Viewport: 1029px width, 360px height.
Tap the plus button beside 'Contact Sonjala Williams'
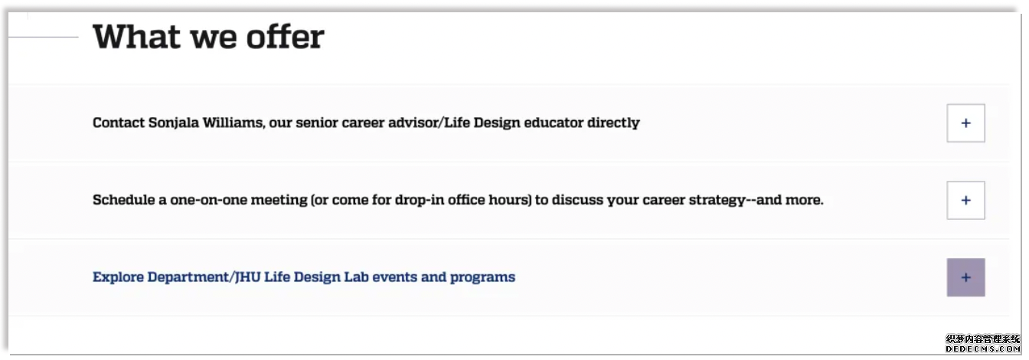coord(965,123)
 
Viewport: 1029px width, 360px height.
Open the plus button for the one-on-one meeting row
coord(965,200)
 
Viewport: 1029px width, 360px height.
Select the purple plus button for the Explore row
coord(965,277)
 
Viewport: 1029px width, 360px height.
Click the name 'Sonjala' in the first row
coord(173,123)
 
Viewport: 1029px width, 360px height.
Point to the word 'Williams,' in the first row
coord(234,123)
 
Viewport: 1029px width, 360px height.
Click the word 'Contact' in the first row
coord(118,123)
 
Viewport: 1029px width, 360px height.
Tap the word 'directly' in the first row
coord(613,123)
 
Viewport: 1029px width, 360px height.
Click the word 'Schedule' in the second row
coord(123,200)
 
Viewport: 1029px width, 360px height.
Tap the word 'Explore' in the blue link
coord(118,277)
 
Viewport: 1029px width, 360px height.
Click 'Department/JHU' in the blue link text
coord(204,277)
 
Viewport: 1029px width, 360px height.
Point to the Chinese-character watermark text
coord(983,339)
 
